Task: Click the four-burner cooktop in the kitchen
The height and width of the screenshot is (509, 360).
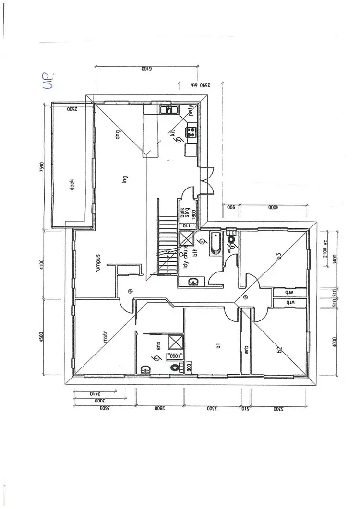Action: coord(192,130)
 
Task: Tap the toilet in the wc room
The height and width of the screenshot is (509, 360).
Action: coord(232,238)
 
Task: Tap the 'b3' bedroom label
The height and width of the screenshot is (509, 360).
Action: coord(279,255)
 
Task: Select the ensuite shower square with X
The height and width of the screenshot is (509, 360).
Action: coord(175,342)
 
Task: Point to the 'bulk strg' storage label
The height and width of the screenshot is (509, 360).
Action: coord(185,213)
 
